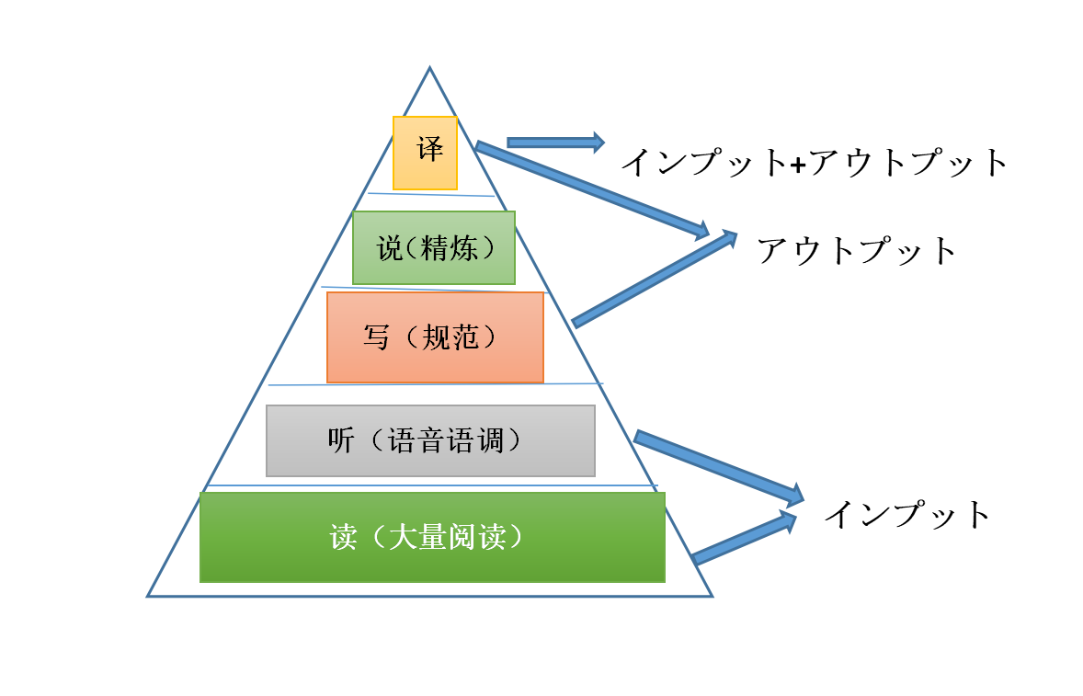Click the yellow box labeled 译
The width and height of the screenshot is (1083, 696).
(425, 153)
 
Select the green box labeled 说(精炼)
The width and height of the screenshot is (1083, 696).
(434, 247)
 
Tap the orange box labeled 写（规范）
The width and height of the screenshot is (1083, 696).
(435, 337)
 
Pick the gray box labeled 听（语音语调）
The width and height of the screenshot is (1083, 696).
(430, 440)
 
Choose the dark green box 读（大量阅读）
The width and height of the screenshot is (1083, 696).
(432, 537)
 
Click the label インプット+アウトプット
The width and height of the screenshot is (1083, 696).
(815, 163)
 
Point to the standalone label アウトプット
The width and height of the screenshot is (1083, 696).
(857, 250)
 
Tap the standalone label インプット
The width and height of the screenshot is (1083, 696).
(906, 514)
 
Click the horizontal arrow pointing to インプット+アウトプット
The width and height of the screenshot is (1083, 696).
(555, 142)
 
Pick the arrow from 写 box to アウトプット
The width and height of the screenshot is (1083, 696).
(655, 278)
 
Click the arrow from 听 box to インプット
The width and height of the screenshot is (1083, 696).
(718, 466)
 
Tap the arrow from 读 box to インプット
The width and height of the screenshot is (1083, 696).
(743, 539)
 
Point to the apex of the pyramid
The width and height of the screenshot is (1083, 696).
(429, 67)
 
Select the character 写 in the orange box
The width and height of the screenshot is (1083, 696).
(376, 337)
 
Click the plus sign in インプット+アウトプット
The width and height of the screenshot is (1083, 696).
(798, 164)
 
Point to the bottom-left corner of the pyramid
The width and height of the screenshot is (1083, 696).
(148, 596)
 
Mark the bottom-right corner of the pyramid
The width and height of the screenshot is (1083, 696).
(712, 596)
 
